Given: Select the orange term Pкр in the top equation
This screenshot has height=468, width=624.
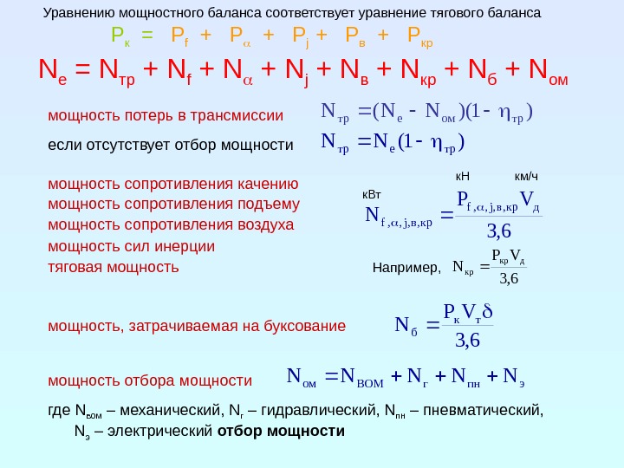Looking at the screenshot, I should (420, 36).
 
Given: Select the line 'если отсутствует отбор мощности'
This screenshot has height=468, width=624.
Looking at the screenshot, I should (171, 144).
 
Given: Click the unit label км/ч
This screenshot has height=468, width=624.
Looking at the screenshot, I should (527, 177).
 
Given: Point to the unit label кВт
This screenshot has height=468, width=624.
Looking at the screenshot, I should (371, 196).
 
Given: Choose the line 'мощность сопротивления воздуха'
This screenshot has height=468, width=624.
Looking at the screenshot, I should (171, 225).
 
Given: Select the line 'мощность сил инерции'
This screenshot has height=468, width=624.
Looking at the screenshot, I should (132, 246).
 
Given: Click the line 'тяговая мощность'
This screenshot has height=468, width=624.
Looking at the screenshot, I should (114, 267).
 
